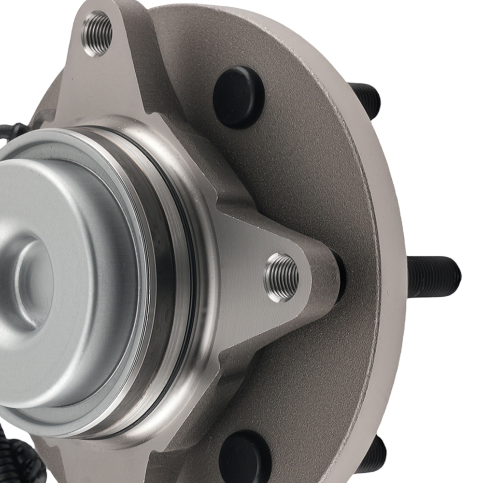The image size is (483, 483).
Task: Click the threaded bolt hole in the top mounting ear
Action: click(x=98, y=33)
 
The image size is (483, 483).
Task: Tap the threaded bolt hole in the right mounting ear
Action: click(x=282, y=277)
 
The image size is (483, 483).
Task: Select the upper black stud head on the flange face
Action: click(x=239, y=97)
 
